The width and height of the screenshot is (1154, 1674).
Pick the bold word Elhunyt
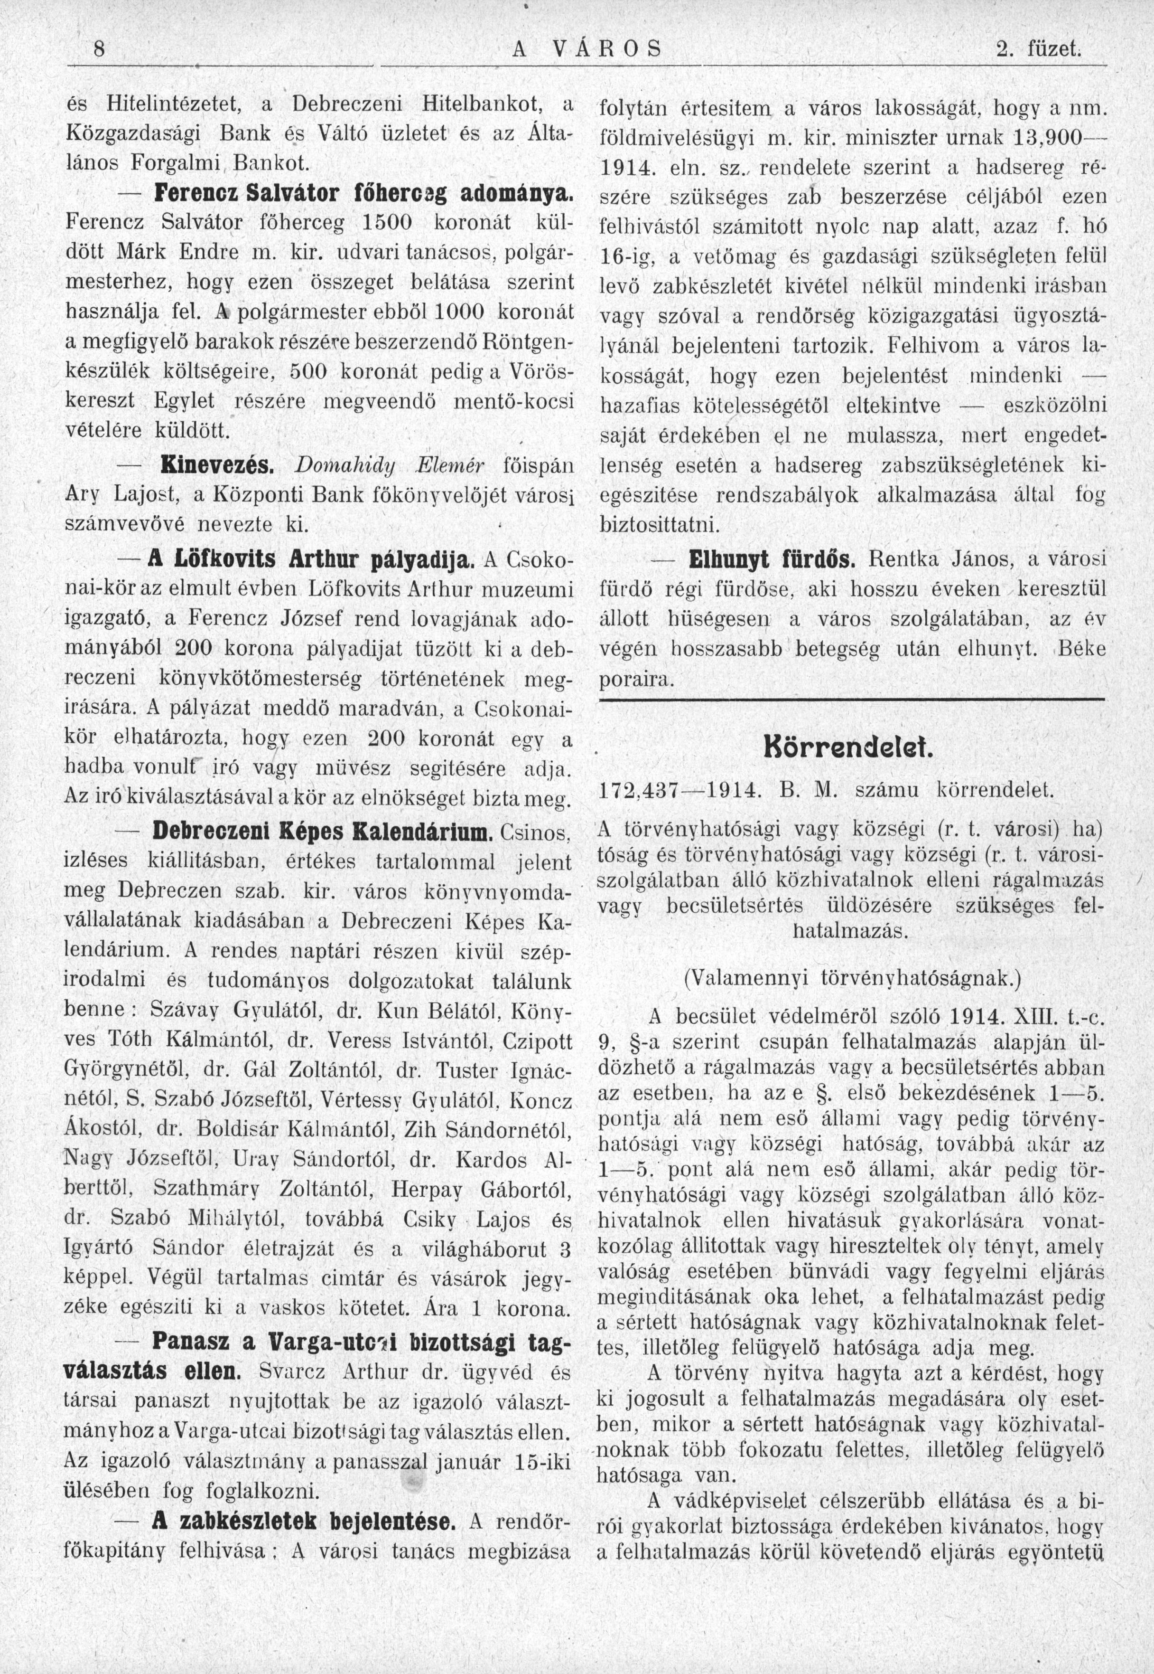732,559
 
